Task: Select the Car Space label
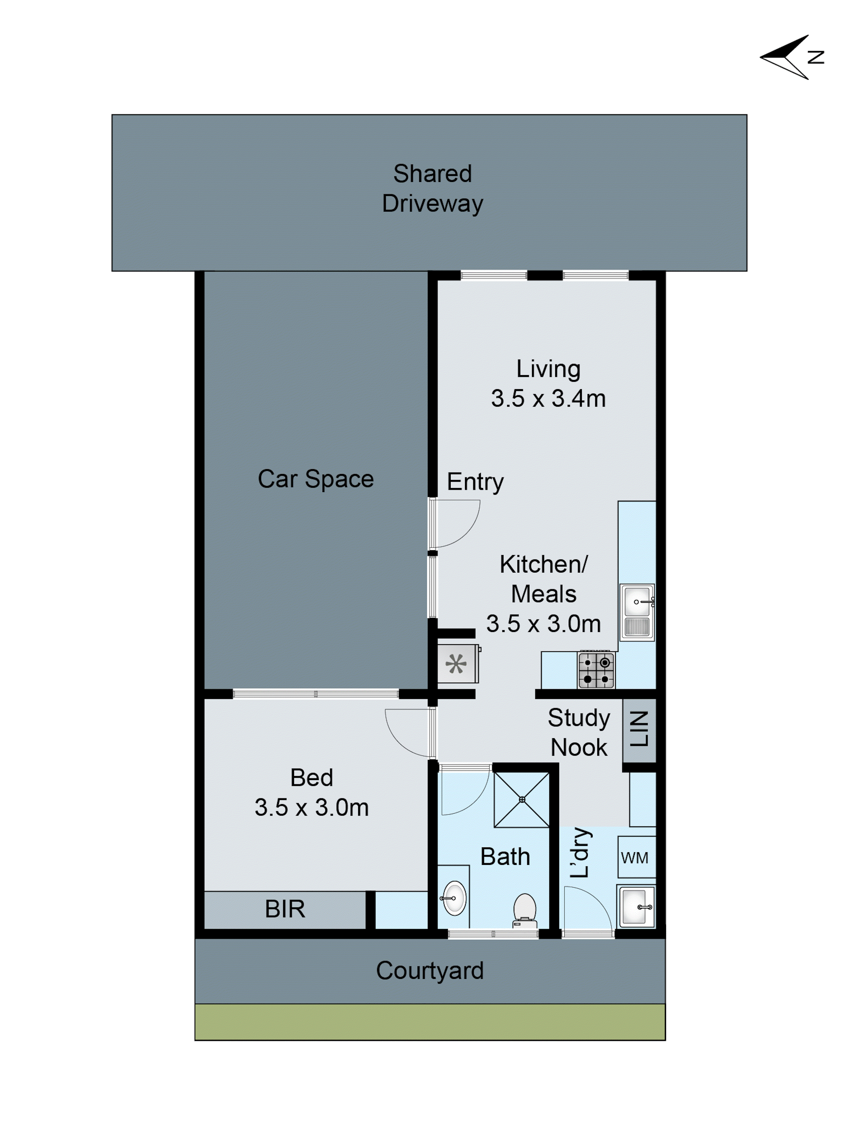tap(315, 479)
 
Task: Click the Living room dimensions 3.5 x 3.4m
tap(548, 398)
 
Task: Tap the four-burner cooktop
tap(596, 670)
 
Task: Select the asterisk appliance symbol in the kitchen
tap(456, 664)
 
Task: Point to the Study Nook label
tap(578, 732)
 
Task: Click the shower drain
tap(522, 800)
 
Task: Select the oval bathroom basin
tap(455, 898)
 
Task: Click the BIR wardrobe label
tap(285, 909)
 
